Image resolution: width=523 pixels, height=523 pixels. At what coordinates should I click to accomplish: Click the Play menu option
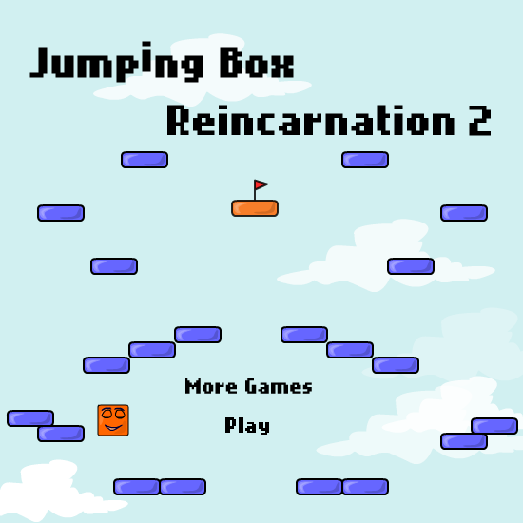[x=247, y=426]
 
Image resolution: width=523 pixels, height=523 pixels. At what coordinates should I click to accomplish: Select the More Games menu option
[x=248, y=386]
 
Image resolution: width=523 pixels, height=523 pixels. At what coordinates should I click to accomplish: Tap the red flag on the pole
[x=261, y=184]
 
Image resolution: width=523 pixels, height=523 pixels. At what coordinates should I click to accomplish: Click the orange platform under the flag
[x=255, y=208]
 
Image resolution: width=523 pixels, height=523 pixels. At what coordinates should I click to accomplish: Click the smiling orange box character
[x=113, y=420]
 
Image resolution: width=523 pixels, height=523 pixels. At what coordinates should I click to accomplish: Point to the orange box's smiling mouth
[x=113, y=428]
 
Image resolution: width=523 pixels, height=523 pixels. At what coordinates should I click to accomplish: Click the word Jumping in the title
[x=116, y=63]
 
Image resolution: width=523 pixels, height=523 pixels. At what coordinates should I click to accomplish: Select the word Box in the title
[x=257, y=63]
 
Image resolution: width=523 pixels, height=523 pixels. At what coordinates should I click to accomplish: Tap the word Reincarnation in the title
[x=310, y=120]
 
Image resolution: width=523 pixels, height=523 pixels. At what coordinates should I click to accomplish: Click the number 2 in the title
[x=479, y=121]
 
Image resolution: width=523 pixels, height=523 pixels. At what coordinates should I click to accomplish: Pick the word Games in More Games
[x=279, y=386]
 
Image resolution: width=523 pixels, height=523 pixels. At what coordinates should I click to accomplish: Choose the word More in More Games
[x=211, y=386]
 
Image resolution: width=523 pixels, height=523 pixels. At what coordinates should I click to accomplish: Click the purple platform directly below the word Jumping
[x=145, y=160]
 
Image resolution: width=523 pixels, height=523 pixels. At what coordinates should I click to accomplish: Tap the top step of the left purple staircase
[x=198, y=335]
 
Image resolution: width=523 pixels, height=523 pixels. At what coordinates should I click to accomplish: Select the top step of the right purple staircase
[x=304, y=335]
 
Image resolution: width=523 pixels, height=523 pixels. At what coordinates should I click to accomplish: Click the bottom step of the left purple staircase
[x=107, y=365]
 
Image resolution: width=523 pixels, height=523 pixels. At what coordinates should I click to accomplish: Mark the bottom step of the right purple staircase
[x=396, y=365]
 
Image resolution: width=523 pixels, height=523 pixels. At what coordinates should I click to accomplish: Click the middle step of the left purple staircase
[x=152, y=350]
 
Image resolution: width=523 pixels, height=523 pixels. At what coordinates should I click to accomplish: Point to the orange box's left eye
[x=107, y=414]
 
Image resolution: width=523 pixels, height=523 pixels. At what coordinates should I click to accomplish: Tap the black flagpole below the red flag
[x=255, y=190]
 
